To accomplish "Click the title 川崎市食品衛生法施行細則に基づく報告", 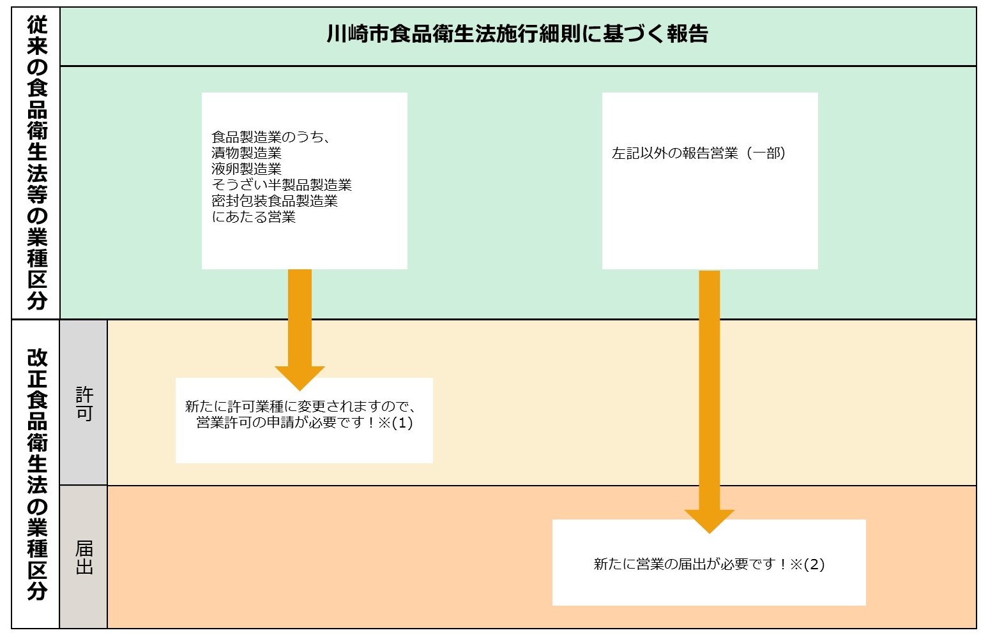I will click(x=517, y=34).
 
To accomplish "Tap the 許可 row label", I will click(x=84, y=404).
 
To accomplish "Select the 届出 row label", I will click(x=84, y=557).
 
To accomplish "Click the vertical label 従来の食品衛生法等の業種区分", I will click(x=37, y=163).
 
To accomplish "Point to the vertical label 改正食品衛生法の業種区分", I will click(x=37, y=474).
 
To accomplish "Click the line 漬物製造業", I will click(x=247, y=153).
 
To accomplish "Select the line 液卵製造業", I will click(x=247, y=169).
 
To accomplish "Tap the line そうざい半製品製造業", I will click(x=282, y=185).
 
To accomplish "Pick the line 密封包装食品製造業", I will click(x=275, y=201).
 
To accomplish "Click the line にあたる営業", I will click(x=254, y=217).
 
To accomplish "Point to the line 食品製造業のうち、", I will click(x=271, y=137).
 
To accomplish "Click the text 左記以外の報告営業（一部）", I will click(x=699, y=153).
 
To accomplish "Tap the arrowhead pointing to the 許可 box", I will click(x=300, y=377).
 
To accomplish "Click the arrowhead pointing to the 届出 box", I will click(x=709, y=521).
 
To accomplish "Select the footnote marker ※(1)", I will click(x=395, y=423).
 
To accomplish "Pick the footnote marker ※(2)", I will click(x=807, y=564).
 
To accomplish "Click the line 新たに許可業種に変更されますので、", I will click(x=301, y=407).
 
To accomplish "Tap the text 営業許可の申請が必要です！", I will click(x=286, y=423).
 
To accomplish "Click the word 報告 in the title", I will click(x=687, y=34).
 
